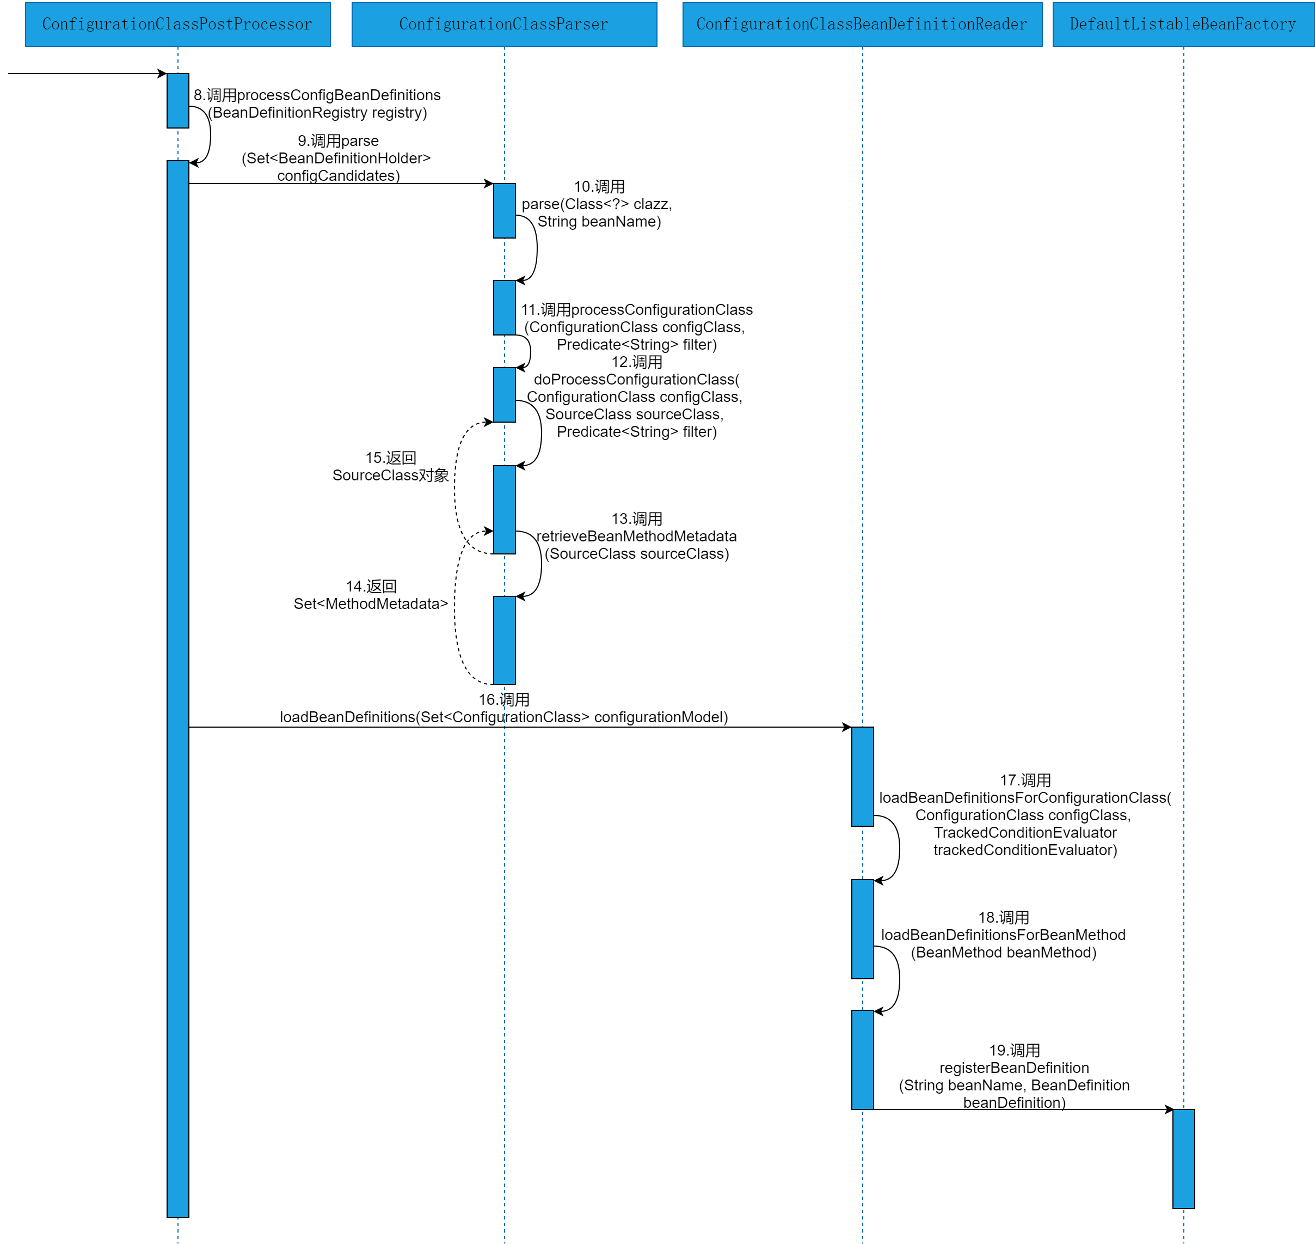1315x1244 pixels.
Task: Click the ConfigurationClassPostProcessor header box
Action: (x=177, y=25)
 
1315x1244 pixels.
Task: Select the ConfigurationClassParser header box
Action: (x=503, y=25)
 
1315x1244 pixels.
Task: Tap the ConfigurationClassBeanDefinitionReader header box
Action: (x=862, y=25)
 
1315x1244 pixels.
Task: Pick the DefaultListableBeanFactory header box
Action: (x=1183, y=25)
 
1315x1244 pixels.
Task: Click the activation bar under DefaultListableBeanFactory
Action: (x=1183, y=1158)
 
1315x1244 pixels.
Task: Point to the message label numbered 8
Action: (x=317, y=103)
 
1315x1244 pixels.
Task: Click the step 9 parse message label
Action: (x=337, y=158)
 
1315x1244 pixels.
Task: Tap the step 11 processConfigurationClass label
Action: (x=636, y=327)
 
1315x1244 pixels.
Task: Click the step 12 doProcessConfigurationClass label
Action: (x=636, y=397)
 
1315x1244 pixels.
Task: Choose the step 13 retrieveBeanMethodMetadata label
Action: (x=636, y=536)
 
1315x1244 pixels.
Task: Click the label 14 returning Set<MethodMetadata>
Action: (x=371, y=595)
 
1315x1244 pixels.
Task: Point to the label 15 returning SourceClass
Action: (x=390, y=466)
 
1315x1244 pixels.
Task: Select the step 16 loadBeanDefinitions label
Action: (x=503, y=709)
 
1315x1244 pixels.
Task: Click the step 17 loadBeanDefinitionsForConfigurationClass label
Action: (x=1025, y=815)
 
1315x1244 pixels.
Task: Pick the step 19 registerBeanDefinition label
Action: (x=1014, y=1077)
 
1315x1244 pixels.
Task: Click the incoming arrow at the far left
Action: (x=86, y=74)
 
